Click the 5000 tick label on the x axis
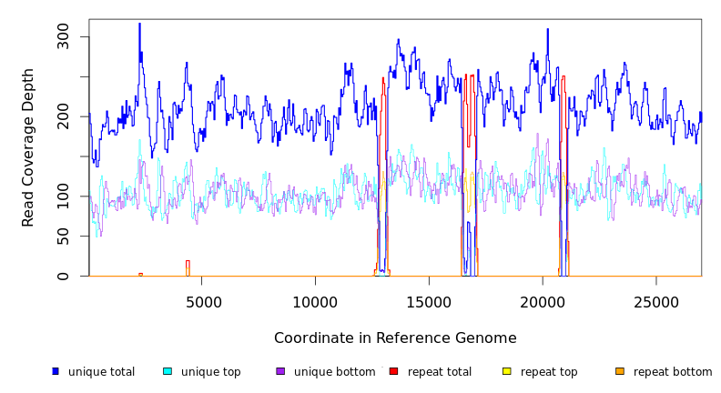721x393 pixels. (203, 301)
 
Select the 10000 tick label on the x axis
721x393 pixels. (316, 301)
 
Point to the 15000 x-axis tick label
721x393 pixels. (430, 301)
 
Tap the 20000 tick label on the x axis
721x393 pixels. (543, 301)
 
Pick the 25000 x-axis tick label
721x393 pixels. (656, 301)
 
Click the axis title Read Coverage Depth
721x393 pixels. (28, 147)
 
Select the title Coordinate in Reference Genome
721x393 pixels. (395, 338)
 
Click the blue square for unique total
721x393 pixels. (56, 371)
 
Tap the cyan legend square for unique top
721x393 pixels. (168, 371)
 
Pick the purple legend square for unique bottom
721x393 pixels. (280, 371)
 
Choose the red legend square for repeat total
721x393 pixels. (393, 371)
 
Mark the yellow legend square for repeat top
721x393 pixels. (507, 371)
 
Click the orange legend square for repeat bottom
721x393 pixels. (620, 371)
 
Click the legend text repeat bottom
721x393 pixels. (673, 372)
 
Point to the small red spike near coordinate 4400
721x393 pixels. (188, 266)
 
